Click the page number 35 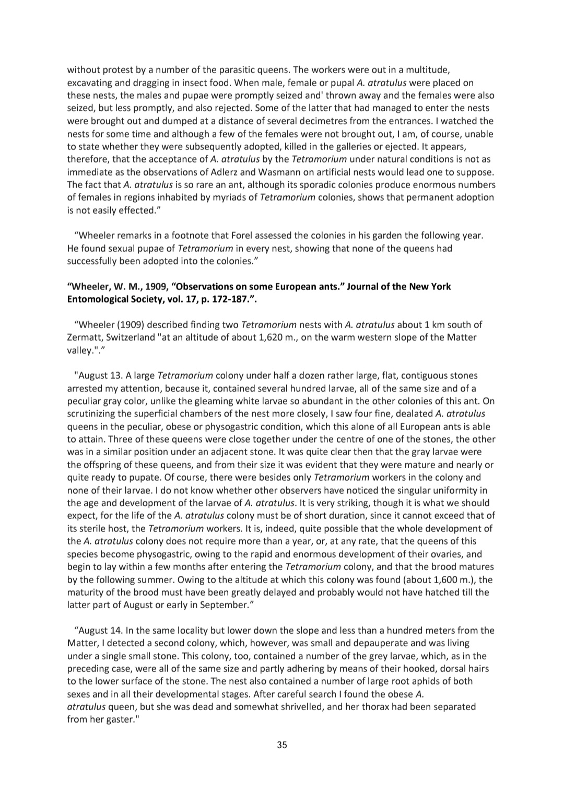coord(281,745)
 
